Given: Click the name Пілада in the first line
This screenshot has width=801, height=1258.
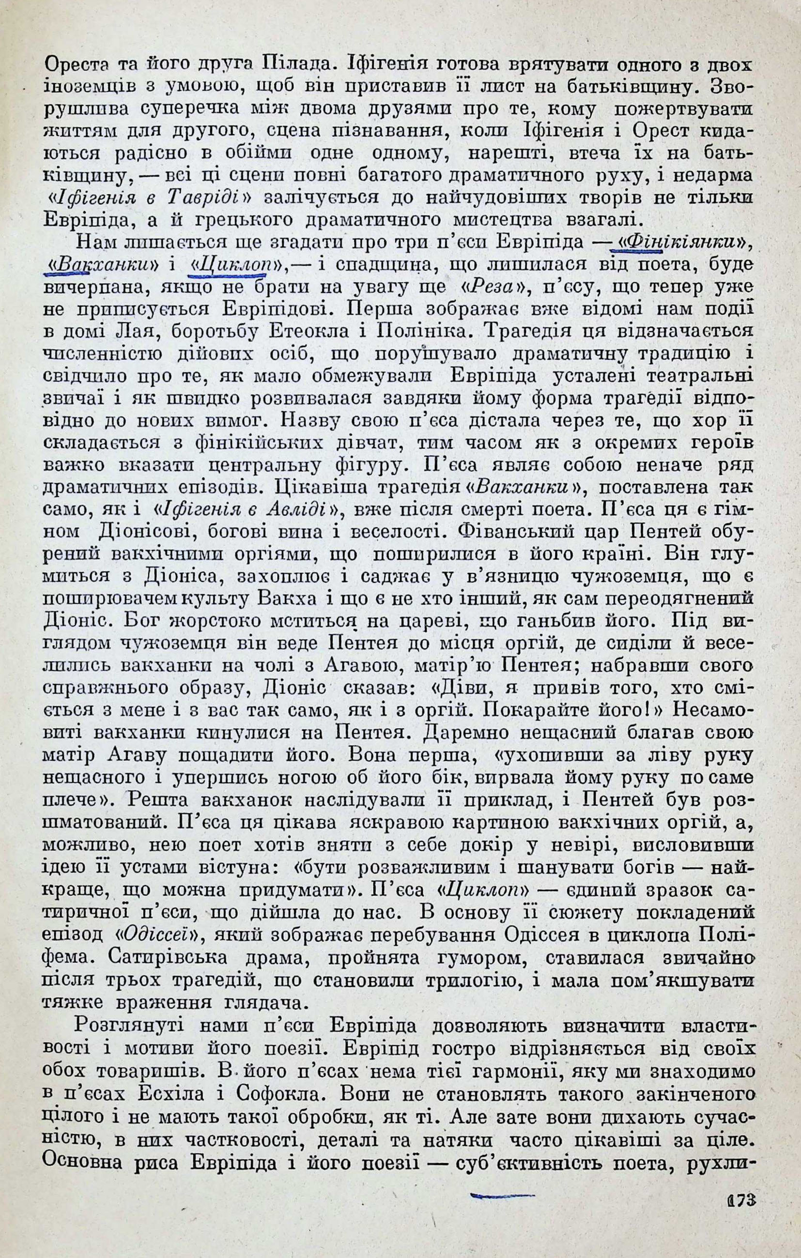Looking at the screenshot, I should coord(296,64).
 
